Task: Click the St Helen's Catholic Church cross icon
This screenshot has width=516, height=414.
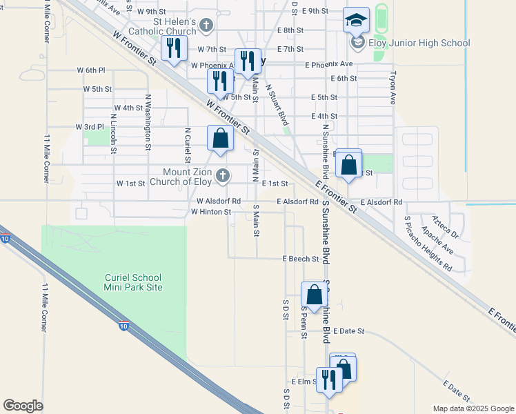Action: (206, 26)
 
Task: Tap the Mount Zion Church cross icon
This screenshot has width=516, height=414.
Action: (222, 177)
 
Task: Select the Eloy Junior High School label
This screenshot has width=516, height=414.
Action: (419, 43)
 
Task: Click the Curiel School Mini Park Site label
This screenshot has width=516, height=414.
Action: (134, 282)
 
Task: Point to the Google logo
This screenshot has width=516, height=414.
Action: (23, 406)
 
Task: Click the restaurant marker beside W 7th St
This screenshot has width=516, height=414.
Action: (172, 49)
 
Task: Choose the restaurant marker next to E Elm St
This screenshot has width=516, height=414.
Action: (328, 379)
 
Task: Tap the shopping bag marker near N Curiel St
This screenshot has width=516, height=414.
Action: (219, 138)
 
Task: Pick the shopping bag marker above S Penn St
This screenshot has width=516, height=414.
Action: (314, 295)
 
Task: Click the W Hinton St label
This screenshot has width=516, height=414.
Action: (210, 212)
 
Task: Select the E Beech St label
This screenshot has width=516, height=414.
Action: (300, 259)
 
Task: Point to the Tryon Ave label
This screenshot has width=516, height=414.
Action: (393, 88)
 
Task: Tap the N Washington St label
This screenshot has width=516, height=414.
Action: (148, 123)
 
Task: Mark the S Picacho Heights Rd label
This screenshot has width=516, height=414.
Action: (428, 243)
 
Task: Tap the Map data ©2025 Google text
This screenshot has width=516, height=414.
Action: (473, 408)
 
